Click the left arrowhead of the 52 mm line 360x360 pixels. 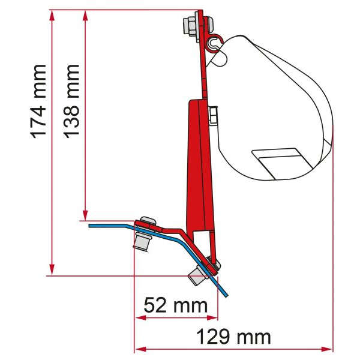click(x=137, y=317)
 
